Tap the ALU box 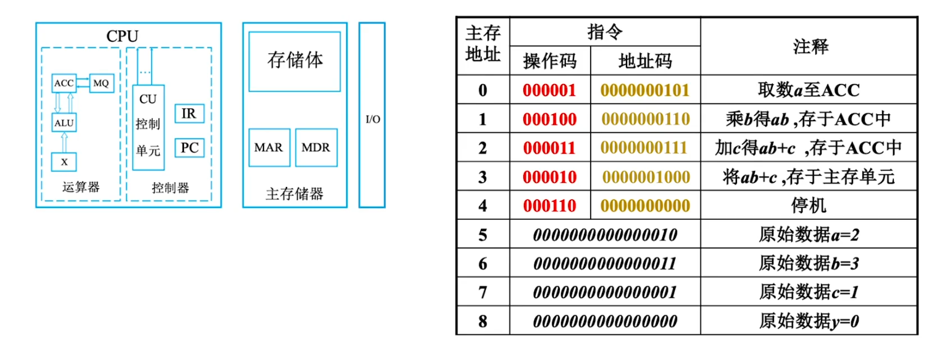coord(64,122)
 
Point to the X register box coord(64,162)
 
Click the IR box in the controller coord(189,114)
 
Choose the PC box coord(189,148)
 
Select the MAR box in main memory coord(269,148)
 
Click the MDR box coord(316,148)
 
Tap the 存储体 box coord(294,61)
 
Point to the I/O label coord(373,119)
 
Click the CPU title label coord(122,36)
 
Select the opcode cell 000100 coord(549,119)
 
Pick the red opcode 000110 coord(549,206)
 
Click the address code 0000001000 coord(645,177)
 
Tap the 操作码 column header coord(549,61)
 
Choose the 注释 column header coord(809,47)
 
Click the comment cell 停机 coord(809,206)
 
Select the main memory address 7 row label coord(483,292)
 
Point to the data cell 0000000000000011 coord(605,264)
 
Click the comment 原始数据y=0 coord(809,321)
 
